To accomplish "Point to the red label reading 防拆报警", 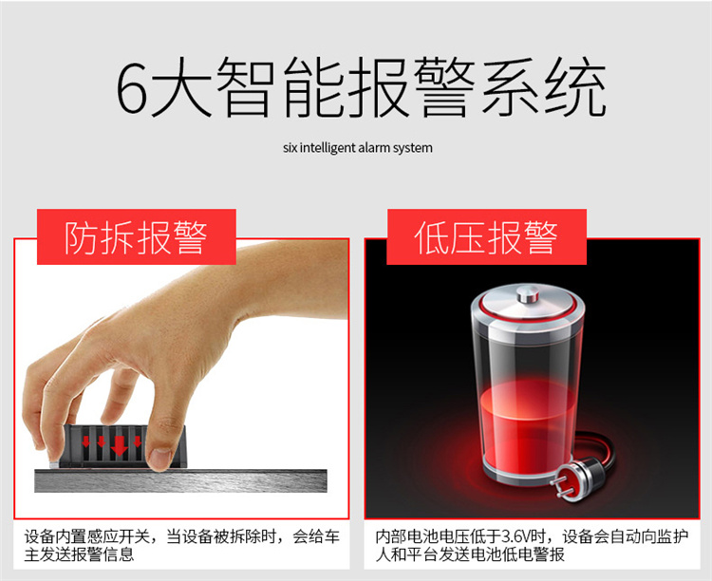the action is coord(136,236).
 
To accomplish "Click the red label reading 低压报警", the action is coord(486,236).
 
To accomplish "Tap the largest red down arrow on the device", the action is coord(119,445).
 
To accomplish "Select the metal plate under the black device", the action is coord(180,480).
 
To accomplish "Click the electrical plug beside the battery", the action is coord(573,480).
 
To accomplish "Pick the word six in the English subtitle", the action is coord(290,148).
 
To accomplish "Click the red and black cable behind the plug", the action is coord(595,450).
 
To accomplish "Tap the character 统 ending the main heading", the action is coord(576,86).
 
